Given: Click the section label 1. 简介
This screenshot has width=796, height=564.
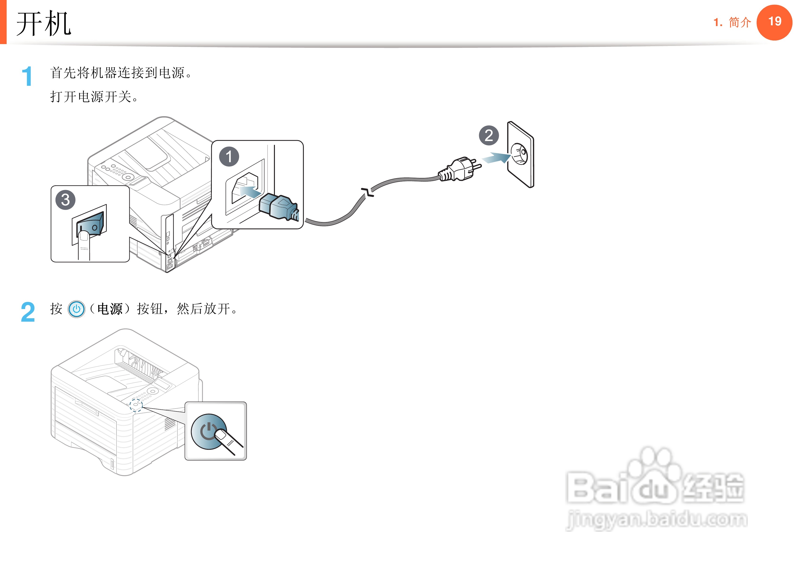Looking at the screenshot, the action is (x=732, y=23).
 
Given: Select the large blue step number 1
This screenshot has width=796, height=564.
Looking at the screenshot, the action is (x=27, y=76).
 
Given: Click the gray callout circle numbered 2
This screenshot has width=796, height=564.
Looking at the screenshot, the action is (x=489, y=136).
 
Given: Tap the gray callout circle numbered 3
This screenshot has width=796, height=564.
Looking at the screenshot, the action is (x=65, y=200).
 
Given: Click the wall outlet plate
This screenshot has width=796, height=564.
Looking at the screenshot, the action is (x=520, y=155).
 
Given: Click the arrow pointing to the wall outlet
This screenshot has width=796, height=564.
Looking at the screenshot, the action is (x=496, y=158).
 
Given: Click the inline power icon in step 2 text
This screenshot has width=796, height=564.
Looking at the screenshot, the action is (x=76, y=309).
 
